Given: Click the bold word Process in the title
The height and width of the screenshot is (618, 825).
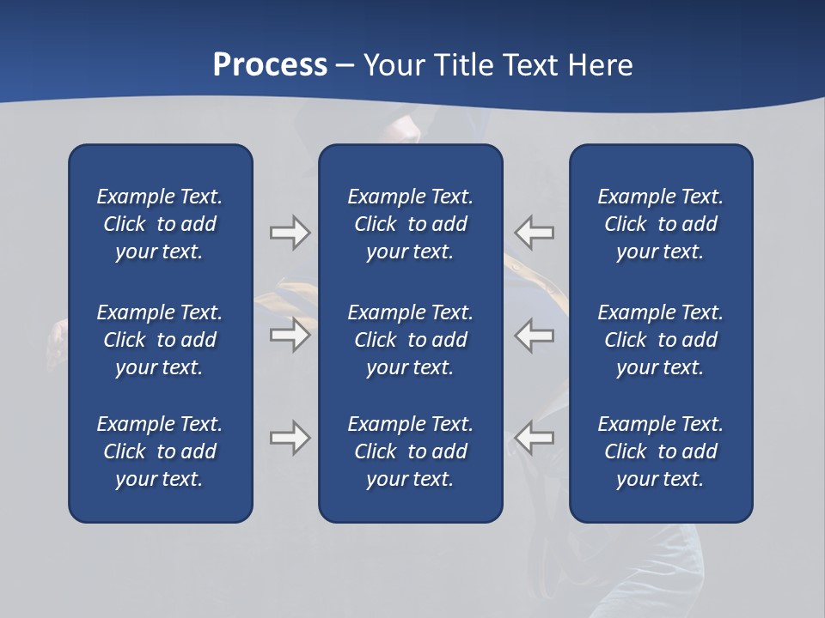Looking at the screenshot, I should point(270,65).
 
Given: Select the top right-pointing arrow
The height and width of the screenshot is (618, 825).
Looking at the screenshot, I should point(290,233).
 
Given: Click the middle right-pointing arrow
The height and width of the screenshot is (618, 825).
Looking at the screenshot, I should point(290,335).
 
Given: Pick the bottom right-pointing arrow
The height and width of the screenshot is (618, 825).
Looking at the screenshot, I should point(290,438).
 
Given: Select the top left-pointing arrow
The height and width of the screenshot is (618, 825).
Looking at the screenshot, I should point(535,233).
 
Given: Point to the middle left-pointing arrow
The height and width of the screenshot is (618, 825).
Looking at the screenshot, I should point(535,335).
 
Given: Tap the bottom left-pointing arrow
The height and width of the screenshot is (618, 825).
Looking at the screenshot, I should point(535,438).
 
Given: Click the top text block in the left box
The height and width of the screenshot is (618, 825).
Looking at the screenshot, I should point(160,224).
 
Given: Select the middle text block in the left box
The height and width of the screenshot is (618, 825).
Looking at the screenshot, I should point(160,340).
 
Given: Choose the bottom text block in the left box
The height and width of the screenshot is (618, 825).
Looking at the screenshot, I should point(160,451).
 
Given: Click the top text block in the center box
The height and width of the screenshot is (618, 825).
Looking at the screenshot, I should point(410,224).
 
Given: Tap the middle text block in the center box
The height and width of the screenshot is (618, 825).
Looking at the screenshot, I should point(410,340).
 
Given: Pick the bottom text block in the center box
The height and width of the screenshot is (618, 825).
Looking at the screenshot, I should point(410,451).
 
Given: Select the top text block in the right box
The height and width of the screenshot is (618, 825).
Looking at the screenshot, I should point(660,224).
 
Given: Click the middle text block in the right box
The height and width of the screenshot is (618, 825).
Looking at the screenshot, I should point(660,340).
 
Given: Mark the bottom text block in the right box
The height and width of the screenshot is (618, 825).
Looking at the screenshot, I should point(660,451).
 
